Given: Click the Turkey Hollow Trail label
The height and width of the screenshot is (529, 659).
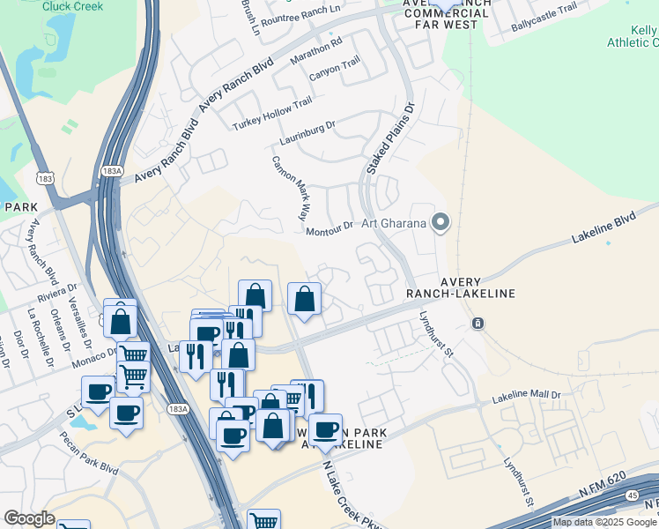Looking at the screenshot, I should (272, 115).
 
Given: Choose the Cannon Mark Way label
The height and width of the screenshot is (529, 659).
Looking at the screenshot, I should (291, 187).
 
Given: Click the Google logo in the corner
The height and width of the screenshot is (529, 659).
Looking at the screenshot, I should (29, 518).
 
